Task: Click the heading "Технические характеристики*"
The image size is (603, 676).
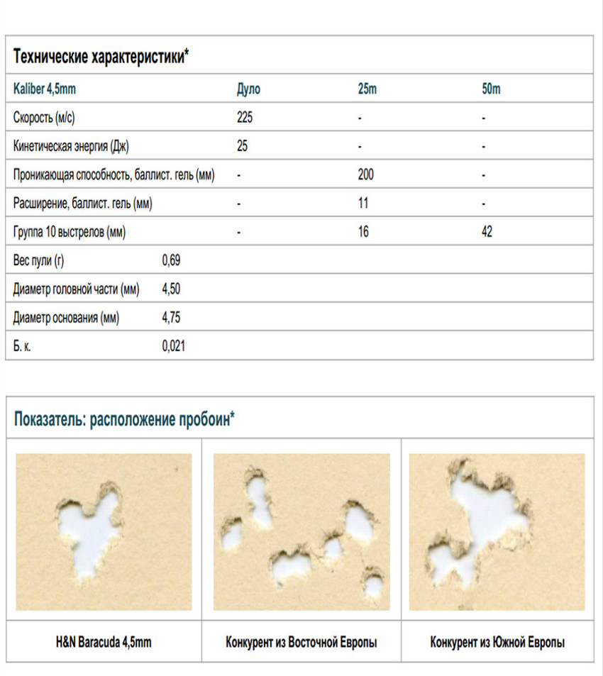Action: pos(101,56)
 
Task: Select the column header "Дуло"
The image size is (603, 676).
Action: pos(248,90)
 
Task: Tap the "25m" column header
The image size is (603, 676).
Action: pos(367,90)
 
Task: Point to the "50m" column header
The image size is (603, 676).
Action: pos(491,90)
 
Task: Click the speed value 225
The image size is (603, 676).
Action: pos(245,118)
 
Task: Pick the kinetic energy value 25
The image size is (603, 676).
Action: pos(242,147)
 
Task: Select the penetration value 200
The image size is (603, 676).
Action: pos(366,175)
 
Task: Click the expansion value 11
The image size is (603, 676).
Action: pos(363,204)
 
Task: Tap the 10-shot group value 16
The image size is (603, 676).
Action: pos(363,232)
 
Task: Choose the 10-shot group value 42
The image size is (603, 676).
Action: pos(487,232)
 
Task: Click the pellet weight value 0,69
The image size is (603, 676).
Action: pos(171,261)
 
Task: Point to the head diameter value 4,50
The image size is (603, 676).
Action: pos(171,289)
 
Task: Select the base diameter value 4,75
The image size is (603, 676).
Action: pos(171,318)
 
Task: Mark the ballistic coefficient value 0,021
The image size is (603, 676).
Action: pos(174,346)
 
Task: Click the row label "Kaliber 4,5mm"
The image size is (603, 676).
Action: pos(44,90)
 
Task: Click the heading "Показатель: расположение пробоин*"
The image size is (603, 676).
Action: pos(124,419)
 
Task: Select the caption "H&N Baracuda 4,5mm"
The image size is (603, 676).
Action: pos(104,643)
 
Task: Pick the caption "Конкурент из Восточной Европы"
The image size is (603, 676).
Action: pos(301,643)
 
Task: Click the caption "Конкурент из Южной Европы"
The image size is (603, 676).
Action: pos(498,643)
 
